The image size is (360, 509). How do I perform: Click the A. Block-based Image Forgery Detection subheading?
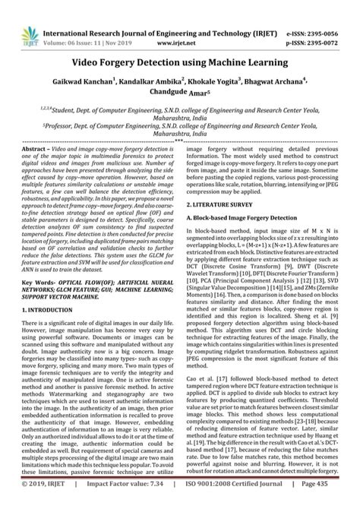(242, 217)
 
